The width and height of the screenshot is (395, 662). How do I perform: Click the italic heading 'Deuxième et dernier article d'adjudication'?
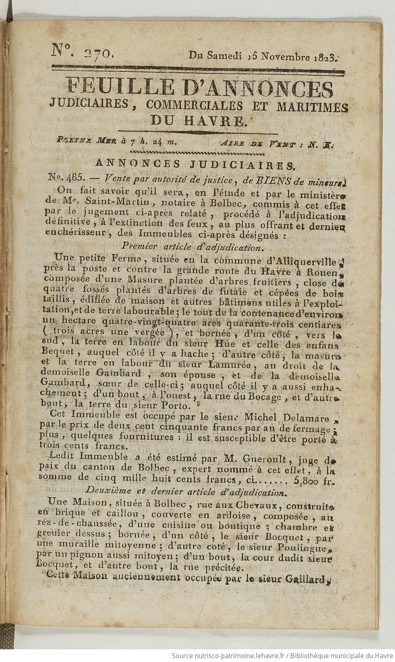(190, 492)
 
